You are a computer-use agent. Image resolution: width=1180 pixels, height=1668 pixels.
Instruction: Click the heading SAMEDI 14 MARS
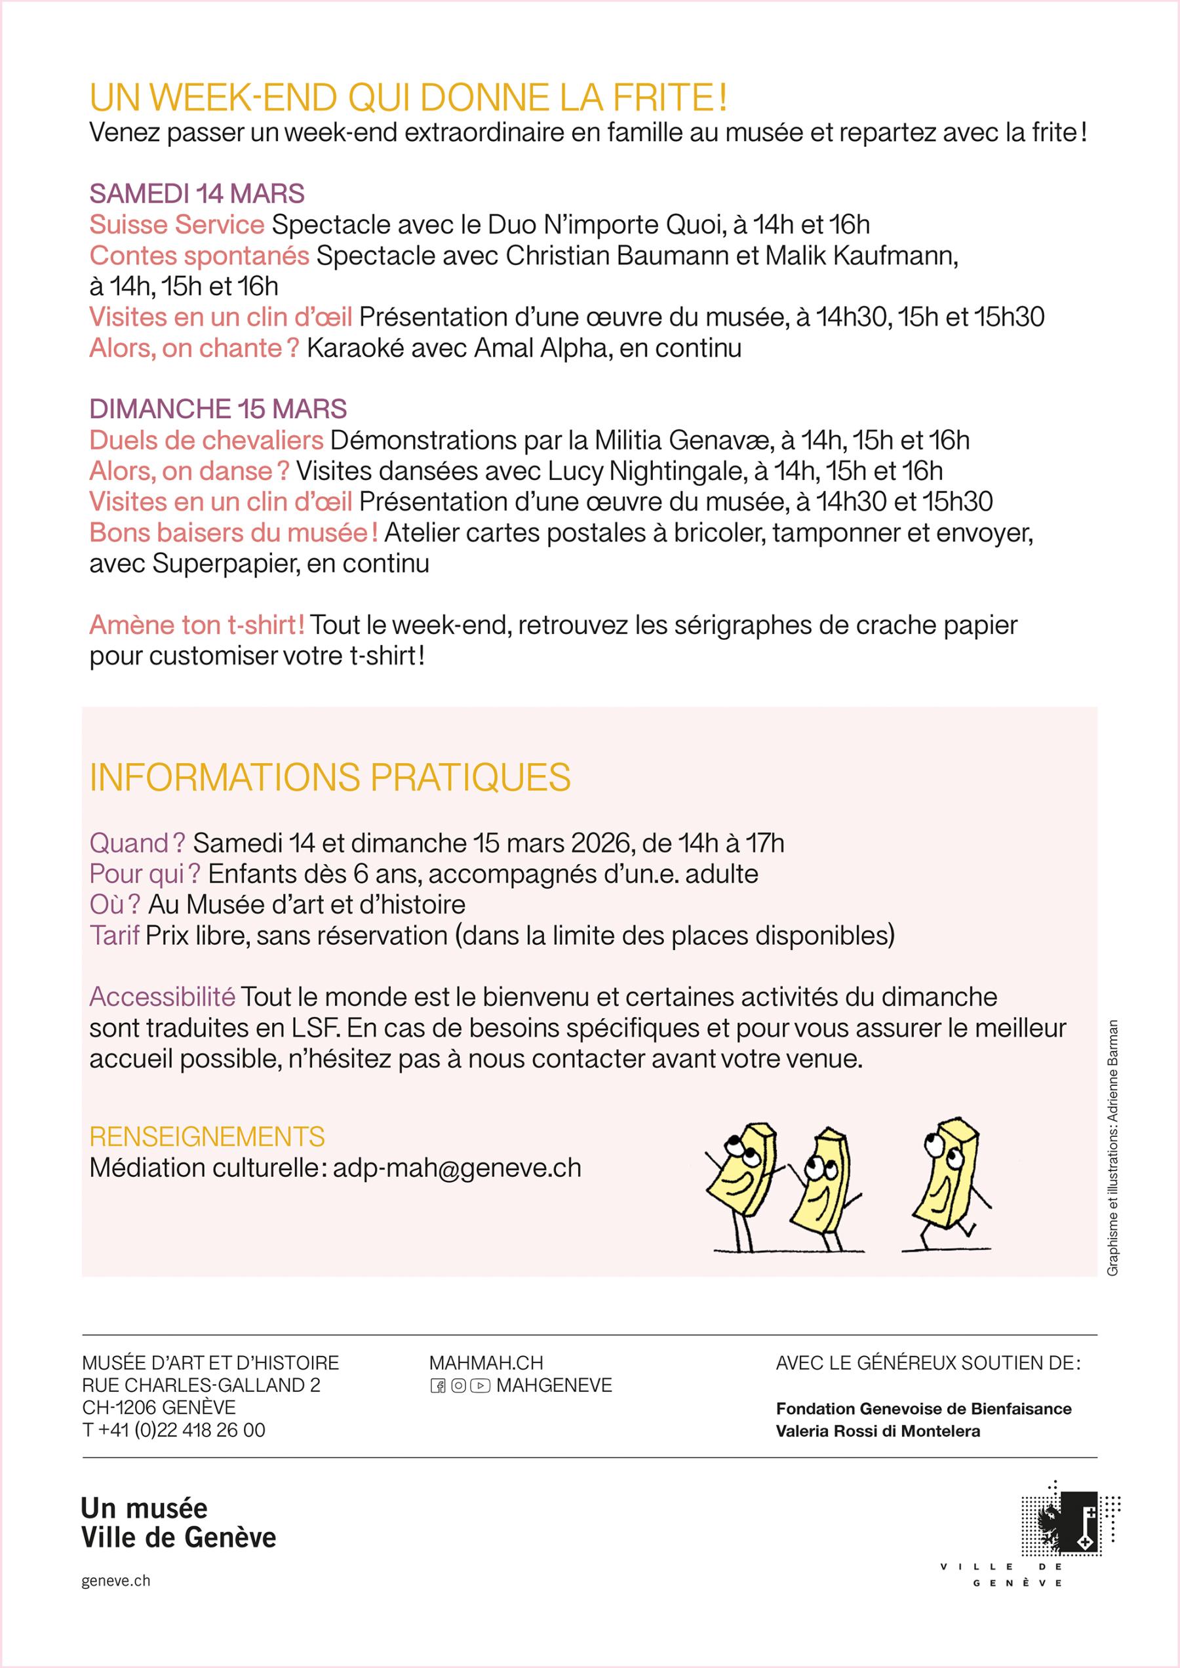196,194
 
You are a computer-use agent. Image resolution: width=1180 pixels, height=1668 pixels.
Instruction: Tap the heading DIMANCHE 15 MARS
218,409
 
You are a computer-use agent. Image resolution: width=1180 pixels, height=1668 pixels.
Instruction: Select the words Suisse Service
176,225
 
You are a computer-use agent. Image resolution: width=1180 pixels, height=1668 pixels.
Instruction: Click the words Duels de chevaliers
206,441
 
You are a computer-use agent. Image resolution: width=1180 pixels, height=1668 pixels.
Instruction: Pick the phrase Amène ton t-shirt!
197,625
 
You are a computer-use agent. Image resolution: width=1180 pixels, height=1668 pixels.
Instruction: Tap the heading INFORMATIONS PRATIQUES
330,778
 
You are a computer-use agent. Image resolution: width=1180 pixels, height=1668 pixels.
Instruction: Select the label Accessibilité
162,997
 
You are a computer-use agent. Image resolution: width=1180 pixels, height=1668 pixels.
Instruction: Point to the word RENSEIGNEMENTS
207,1136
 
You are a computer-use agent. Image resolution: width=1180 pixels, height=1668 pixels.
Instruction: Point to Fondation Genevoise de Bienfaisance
924,1408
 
